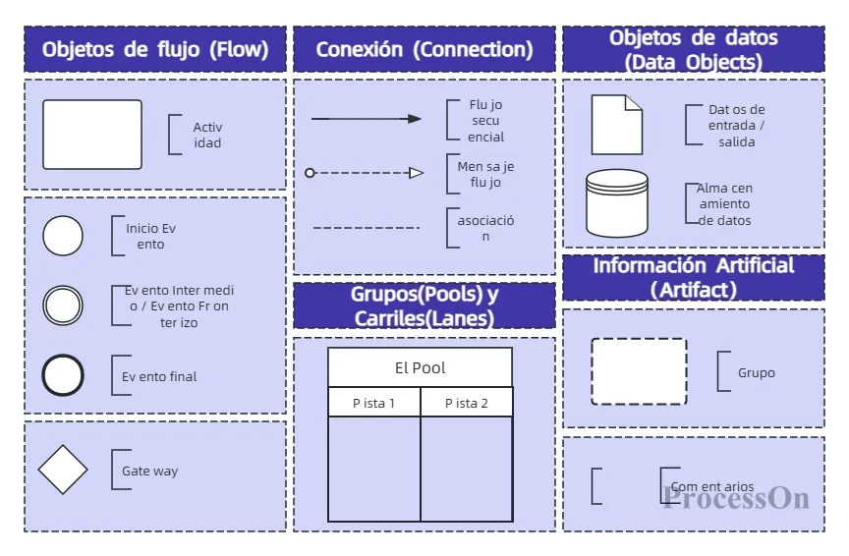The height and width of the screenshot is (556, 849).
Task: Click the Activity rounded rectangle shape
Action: click(92, 135)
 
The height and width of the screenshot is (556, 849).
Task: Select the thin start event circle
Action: click(63, 236)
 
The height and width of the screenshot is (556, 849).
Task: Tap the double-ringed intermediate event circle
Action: click(63, 306)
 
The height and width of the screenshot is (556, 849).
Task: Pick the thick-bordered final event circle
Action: click(63, 375)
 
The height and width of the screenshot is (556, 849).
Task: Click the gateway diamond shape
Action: click(63, 470)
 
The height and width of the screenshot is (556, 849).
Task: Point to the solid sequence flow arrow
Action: click(366, 119)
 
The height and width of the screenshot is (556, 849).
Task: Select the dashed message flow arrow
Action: click(365, 173)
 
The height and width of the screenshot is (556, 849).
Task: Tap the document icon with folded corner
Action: click(616, 125)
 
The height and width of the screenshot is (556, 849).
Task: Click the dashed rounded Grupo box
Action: click(639, 371)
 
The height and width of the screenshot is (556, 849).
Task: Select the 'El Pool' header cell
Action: click(420, 367)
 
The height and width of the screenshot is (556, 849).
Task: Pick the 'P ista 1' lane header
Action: click(374, 403)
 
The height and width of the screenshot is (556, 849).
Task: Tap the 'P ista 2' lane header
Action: click(466, 403)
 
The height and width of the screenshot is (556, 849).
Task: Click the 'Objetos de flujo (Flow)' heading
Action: click(155, 49)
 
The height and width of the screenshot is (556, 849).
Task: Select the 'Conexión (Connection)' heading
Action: click(424, 49)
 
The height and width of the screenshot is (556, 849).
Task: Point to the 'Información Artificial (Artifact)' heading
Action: click(693, 277)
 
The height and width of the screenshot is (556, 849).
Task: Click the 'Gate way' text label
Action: click(149, 472)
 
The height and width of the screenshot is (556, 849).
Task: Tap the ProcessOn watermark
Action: click(736, 498)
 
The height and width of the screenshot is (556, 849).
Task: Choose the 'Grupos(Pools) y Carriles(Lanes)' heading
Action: click(424, 306)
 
